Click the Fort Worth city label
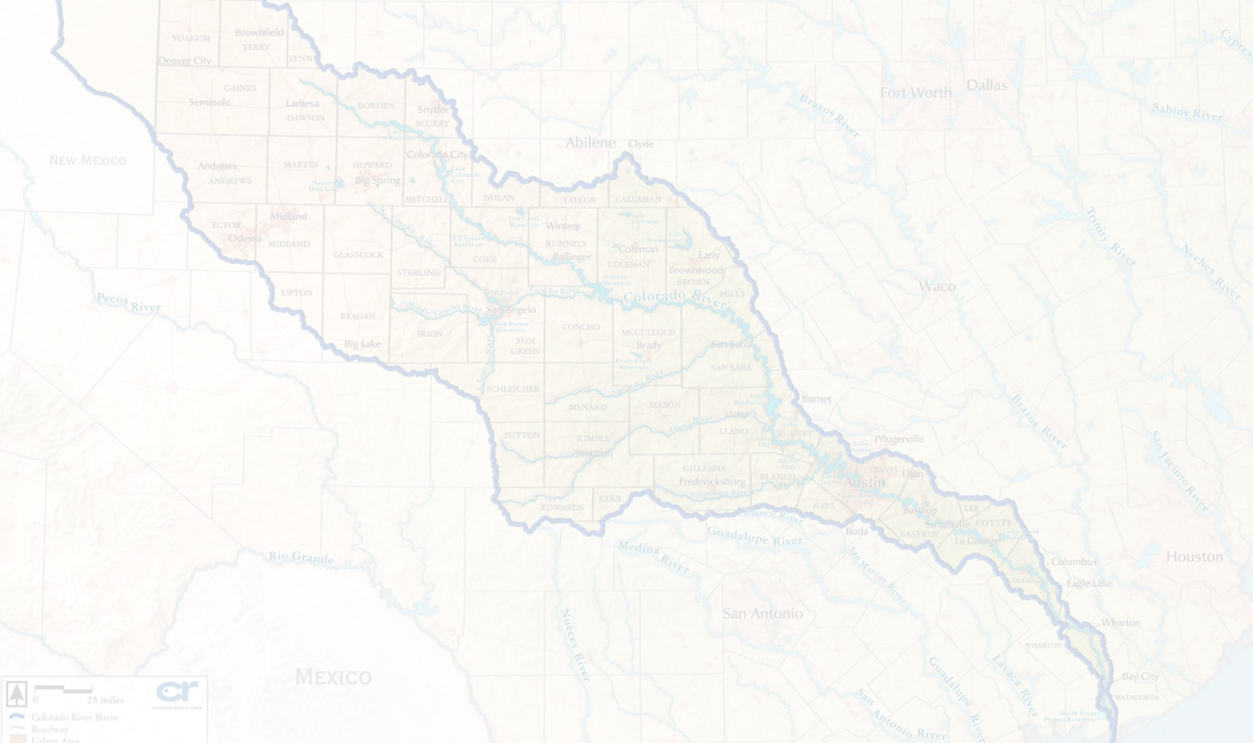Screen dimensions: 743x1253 tap(915, 93)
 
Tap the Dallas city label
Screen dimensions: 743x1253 tap(987, 85)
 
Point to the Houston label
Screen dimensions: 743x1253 tap(1194, 557)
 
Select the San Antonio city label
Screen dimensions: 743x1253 tap(762, 613)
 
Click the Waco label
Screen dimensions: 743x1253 tap(936, 286)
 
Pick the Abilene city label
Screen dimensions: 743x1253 tap(590, 143)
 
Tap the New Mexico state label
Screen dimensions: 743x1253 tap(87, 160)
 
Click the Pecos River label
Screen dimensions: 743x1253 tap(129, 302)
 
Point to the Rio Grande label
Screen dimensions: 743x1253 tap(301, 557)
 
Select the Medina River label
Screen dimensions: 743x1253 tap(653, 557)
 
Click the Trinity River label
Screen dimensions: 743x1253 tap(1111, 237)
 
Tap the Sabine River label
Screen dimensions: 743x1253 tap(1187, 112)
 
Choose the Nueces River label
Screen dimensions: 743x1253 tap(574, 645)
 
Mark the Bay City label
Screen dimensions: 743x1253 tap(1139, 677)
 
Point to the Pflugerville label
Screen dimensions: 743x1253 tap(898, 439)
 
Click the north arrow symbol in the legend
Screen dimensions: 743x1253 tap(17, 694)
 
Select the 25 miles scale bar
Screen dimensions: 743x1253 tap(63, 689)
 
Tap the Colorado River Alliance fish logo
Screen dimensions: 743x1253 tap(177, 692)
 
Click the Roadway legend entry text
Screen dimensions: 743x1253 tap(50, 728)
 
